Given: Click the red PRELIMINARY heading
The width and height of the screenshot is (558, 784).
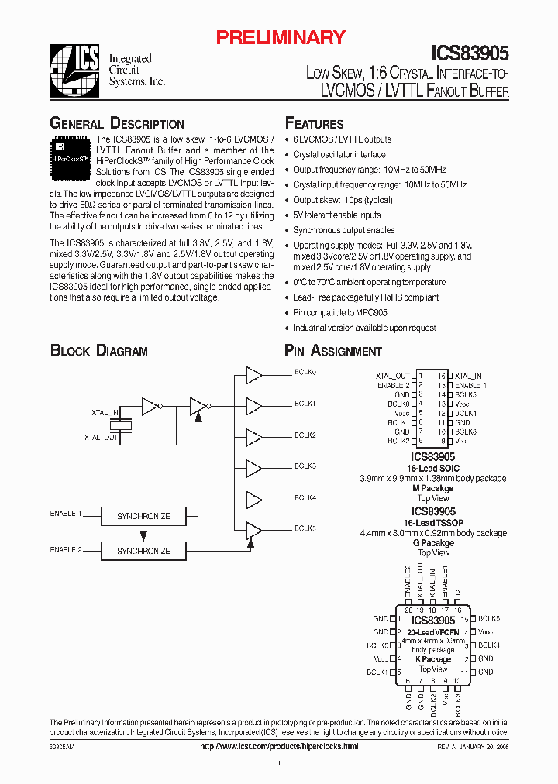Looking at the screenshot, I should [280, 36].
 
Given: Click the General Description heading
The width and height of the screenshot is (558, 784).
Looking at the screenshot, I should [117, 124].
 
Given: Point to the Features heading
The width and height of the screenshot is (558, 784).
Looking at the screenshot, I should [314, 124].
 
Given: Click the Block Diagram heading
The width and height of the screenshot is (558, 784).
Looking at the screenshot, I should [98, 351].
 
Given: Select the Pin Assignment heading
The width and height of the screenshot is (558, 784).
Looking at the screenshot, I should [333, 351].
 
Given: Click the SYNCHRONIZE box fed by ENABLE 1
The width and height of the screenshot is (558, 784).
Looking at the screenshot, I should [143, 516].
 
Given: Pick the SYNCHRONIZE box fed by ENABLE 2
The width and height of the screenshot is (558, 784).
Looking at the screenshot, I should [143, 551].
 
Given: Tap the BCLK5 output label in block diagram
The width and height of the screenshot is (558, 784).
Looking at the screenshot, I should [305, 528].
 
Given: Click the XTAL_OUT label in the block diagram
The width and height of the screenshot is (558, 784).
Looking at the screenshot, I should [102, 438].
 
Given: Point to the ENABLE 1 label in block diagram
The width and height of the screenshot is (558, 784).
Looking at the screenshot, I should [67, 514].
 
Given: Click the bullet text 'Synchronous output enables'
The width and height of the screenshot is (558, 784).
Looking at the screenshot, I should [343, 230].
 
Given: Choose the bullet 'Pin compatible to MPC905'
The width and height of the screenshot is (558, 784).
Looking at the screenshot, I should [339, 312].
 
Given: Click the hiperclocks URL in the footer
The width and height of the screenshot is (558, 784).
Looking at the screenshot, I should [279, 746].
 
